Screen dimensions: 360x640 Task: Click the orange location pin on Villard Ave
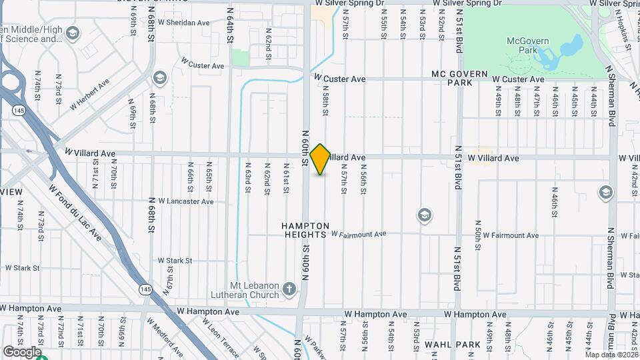(x=320, y=159)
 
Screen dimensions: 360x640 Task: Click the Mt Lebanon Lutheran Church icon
(x=289, y=289)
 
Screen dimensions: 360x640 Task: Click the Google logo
(x=22, y=351)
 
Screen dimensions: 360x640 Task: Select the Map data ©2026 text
(x=609, y=354)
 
